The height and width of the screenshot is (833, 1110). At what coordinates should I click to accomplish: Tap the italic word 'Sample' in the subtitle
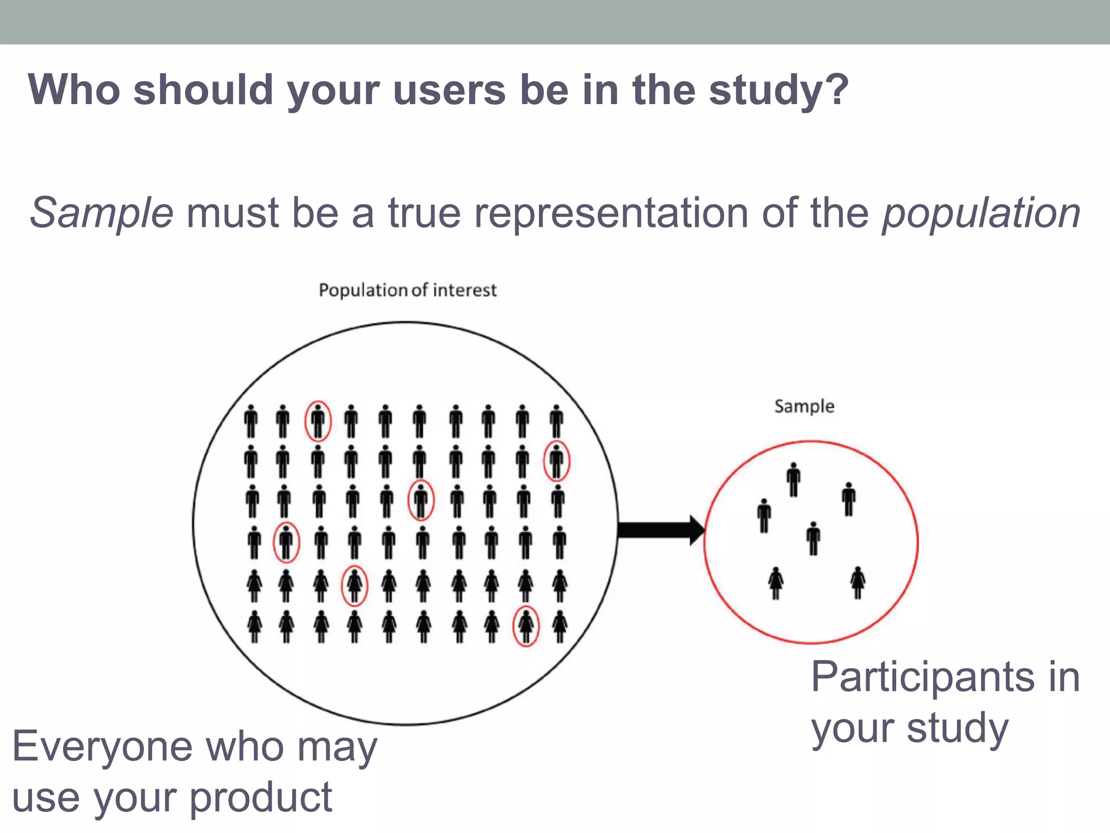point(101,213)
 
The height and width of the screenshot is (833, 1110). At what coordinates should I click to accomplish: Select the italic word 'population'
point(982,213)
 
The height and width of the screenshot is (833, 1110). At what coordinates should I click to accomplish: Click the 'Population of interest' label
point(408,291)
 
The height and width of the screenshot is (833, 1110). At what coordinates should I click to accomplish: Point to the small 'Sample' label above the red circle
point(804,406)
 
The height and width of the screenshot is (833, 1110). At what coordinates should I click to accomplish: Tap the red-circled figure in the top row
point(318,421)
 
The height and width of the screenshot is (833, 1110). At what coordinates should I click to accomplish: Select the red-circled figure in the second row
point(557,462)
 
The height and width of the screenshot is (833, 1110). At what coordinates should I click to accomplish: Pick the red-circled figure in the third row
point(421,500)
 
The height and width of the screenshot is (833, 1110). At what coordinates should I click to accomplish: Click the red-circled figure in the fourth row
point(286,542)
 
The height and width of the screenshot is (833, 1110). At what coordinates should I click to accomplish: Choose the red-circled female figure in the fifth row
point(354,585)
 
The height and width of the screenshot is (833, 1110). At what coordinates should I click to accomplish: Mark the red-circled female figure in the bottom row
point(526,626)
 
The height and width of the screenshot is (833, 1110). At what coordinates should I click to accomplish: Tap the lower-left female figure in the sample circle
point(776,583)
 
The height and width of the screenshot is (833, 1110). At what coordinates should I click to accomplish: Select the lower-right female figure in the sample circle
point(857,582)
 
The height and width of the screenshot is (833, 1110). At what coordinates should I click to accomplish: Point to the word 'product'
point(261,798)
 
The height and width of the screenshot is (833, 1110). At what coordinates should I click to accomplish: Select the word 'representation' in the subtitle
point(611,213)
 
